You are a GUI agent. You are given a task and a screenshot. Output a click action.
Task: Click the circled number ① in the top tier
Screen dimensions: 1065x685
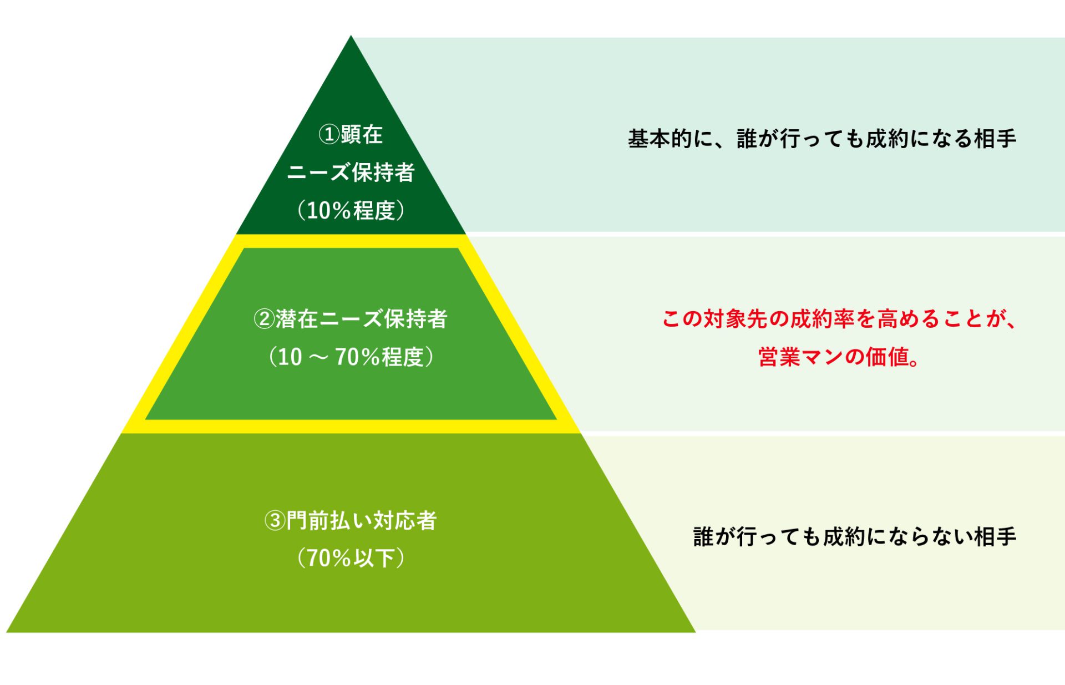point(329,134)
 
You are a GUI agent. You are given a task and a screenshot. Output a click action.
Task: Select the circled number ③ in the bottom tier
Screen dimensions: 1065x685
point(275,521)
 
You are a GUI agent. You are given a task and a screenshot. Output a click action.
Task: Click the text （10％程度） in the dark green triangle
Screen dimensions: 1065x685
point(351,210)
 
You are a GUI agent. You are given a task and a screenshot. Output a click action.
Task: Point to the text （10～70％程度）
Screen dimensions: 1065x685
point(351,357)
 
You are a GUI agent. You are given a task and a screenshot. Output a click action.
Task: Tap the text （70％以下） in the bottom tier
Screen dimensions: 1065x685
point(351,558)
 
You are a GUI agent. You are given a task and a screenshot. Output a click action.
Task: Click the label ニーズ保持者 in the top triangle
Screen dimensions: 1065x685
point(351,172)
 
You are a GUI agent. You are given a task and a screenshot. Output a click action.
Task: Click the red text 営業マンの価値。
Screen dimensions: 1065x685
point(839,357)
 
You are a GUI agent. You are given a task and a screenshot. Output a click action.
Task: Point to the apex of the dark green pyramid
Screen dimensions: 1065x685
point(351,36)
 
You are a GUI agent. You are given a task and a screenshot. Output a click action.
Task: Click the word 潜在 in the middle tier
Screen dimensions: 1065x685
point(297,319)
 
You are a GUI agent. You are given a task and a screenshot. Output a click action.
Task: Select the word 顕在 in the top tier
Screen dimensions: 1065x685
point(362,134)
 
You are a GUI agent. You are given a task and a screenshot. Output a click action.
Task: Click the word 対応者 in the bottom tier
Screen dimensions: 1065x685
point(405,521)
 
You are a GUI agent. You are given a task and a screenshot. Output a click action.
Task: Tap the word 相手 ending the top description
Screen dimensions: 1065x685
point(995,139)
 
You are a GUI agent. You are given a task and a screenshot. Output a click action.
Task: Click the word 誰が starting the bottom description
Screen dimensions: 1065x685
point(714,537)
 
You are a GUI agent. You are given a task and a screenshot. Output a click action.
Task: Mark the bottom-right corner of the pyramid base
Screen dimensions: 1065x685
point(695,632)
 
